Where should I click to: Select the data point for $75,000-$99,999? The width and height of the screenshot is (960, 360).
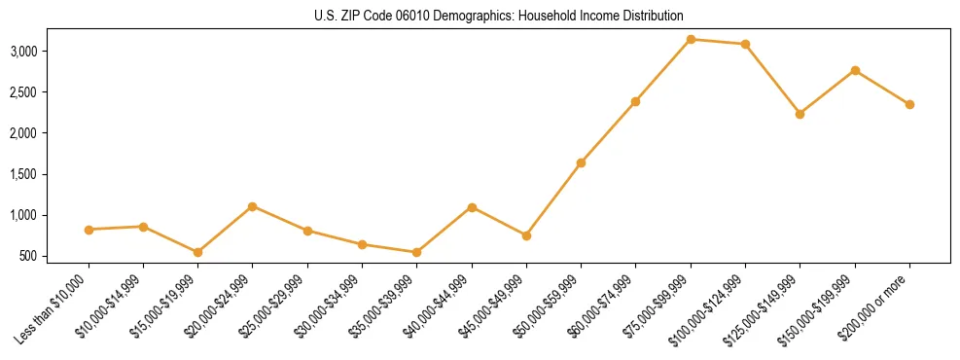pyautogui.click(x=691, y=39)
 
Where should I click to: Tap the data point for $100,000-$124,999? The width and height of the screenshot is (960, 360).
pyautogui.click(x=745, y=44)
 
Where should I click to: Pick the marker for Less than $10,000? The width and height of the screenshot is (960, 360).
pyautogui.click(x=89, y=230)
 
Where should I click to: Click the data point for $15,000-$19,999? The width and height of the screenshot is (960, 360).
pyautogui.click(x=197, y=252)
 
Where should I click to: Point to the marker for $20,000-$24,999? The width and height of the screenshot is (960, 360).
pyautogui.click(x=252, y=206)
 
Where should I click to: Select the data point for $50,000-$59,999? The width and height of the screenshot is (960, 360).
pyautogui.click(x=581, y=162)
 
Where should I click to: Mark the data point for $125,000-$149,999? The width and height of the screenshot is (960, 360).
pyautogui.click(x=800, y=114)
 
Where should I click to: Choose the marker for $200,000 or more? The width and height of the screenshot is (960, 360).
pyautogui.click(x=909, y=104)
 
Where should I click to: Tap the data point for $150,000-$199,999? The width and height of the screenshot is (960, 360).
pyautogui.click(x=855, y=70)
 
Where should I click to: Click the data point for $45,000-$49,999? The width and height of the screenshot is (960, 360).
pyautogui.click(x=526, y=235)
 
